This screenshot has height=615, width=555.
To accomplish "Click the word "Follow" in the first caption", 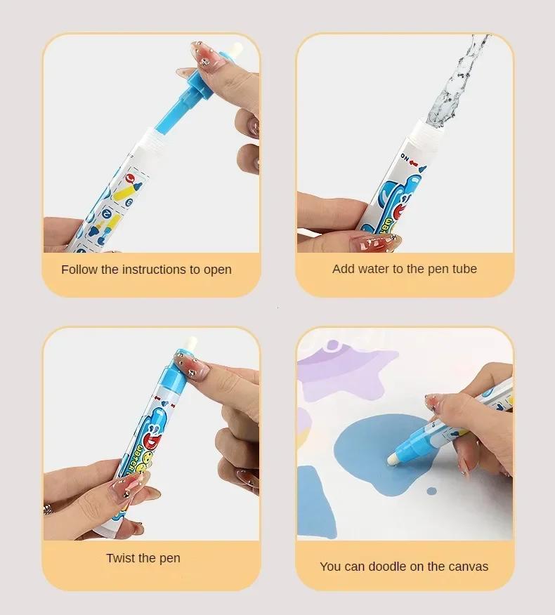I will pyautogui.click(x=79, y=270).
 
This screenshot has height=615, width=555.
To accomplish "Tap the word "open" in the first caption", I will pyautogui.click(x=216, y=270).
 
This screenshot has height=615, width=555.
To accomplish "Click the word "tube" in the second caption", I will pyautogui.click(x=463, y=269).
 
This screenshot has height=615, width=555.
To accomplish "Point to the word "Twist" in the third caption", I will pyautogui.click(x=121, y=558).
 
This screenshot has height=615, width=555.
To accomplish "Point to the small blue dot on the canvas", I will pyautogui.click(x=432, y=490).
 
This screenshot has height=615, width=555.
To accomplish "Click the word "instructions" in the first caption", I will pyautogui.click(x=153, y=270).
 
